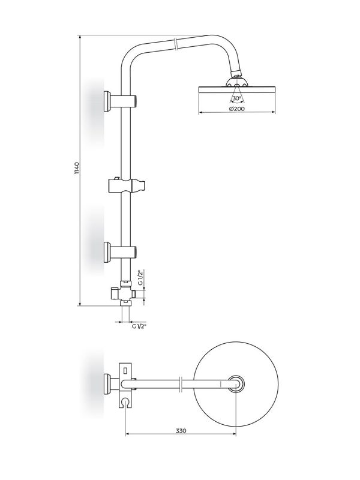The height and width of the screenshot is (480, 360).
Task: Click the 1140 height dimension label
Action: (x=77, y=169)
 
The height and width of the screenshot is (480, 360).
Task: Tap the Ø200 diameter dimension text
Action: (x=236, y=109)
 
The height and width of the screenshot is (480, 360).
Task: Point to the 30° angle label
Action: (x=236, y=98)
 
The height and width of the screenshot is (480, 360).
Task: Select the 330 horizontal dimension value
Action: (x=181, y=431)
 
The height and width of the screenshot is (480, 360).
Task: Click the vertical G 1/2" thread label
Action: (x=140, y=277)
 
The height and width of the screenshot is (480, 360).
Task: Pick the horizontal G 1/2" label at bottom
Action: (x=139, y=326)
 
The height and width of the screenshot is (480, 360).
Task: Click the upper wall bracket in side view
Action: (x=120, y=101)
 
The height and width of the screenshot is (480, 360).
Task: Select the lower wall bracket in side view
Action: (x=120, y=252)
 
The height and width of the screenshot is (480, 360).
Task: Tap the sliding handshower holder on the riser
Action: (x=126, y=185)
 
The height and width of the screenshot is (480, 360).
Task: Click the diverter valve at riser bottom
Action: (x=124, y=293)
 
